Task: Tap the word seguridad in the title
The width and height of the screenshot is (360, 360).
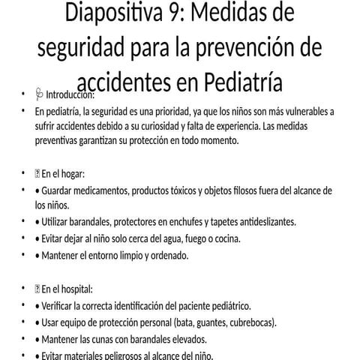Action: click(82, 48)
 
